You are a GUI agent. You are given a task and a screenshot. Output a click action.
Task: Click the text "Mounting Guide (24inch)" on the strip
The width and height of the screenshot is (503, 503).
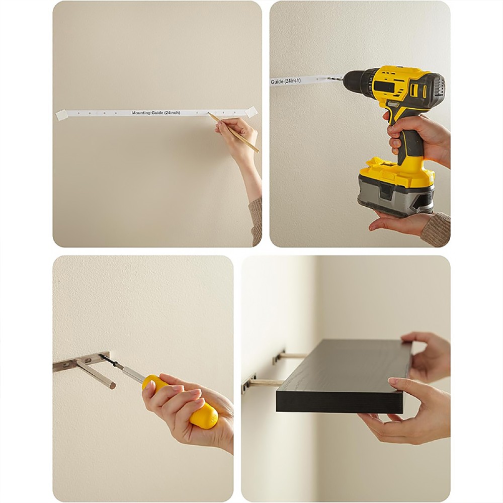[156, 113]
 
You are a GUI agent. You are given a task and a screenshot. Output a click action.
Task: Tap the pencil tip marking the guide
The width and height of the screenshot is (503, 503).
[208, 113]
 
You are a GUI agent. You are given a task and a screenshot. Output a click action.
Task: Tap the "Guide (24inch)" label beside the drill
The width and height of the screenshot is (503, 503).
[286, 81]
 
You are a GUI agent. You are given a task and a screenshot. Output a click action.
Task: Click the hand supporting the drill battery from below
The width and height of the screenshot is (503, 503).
[401, 222]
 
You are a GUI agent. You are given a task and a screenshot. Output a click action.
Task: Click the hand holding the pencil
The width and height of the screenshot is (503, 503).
[237, 135]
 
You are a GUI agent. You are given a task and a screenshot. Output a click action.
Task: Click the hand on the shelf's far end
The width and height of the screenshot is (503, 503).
[423, 356]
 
